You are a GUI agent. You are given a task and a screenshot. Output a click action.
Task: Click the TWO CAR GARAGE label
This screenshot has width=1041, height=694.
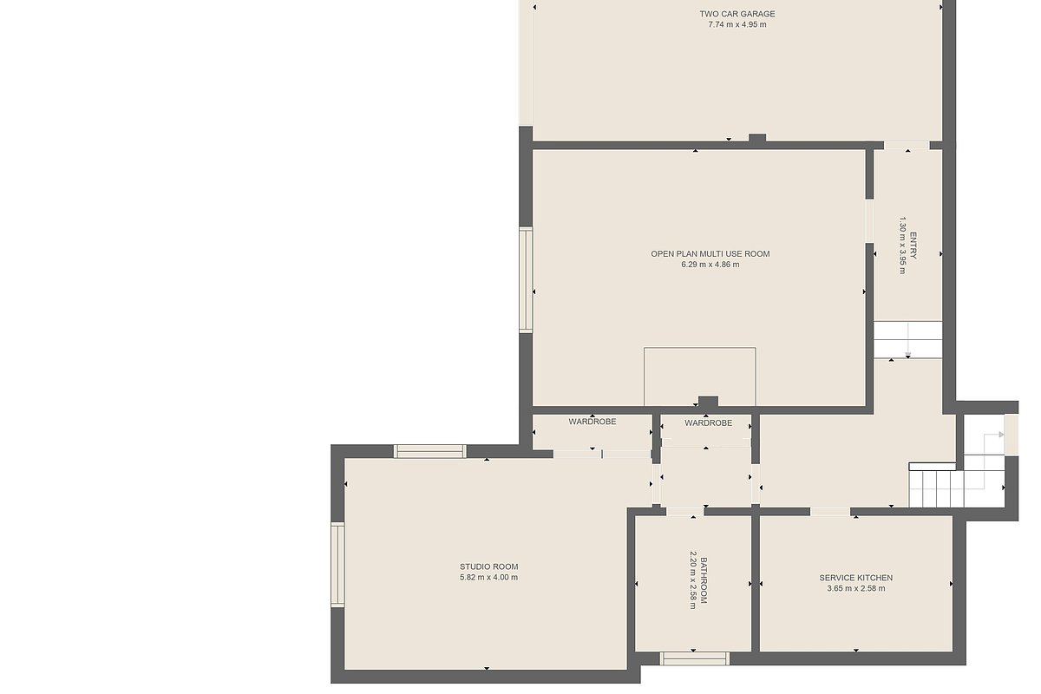pyautogui.click(x=737, y=14)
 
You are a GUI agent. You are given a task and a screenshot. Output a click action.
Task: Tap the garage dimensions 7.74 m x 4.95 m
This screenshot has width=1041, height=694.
pyautogui.click(x=737, y=24)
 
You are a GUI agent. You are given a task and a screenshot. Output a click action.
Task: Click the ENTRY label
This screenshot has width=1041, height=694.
pyautogui.click(x=913, y=246)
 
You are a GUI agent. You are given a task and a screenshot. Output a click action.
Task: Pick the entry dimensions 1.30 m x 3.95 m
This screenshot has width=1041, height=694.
pyautogui.click(x=902, y=246)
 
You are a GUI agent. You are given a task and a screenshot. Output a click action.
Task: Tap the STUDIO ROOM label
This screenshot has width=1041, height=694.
pyautogui.click(x=489, y=566)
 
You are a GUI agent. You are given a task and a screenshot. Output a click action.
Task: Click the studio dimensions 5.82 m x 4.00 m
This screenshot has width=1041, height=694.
pyautogui.click(x=489, y=578)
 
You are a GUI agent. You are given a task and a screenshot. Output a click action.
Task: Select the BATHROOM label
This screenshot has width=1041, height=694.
pyautogui.click(x=704, y=580)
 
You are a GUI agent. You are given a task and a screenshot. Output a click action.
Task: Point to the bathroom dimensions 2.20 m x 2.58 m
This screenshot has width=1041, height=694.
pyautogui.click(x=692, y=580)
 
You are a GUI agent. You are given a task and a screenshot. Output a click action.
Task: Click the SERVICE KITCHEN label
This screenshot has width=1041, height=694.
pyautogui.click(x=856, y=578)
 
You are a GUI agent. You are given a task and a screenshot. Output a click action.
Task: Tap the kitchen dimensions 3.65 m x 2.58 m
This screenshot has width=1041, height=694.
pyautogui.click(x=856, y=588)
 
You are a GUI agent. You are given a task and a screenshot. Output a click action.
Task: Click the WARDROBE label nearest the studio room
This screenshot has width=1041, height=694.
pyautogui.click(x=593, y=422)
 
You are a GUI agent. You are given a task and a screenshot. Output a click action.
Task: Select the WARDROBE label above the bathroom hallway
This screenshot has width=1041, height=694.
pyautogui.click(x=708, y=423)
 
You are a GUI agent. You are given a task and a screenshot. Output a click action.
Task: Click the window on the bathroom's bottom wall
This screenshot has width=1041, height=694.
pyautogui.click(x=694, y=658)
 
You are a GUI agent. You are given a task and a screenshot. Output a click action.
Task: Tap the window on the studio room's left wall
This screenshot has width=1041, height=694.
pyautogui.click(x=337, y=565)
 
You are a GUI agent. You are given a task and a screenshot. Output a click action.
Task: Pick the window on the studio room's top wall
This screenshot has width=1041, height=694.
pyautogui.click(x=430, y=451)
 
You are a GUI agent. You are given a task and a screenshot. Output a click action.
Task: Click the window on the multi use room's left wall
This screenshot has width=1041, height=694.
pyautogui.click(x=526, y=280)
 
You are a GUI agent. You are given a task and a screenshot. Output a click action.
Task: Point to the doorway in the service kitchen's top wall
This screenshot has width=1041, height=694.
pyautogui.click(x=830, y=512)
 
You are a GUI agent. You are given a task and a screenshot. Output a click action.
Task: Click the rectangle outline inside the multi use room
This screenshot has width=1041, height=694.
pyautogui.click(x=699, y=348)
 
